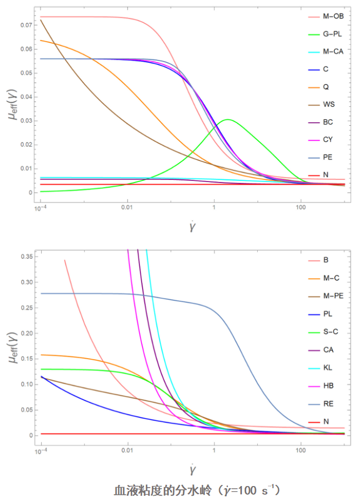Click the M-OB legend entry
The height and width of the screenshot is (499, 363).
[x=333, y=17]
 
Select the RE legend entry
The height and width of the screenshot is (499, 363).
[x=328, y=403]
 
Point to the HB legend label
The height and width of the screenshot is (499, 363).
[x=328, y=385]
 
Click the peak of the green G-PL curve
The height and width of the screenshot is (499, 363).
[x=228, y=119]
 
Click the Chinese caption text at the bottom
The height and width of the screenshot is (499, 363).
[x=197, y=490]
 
